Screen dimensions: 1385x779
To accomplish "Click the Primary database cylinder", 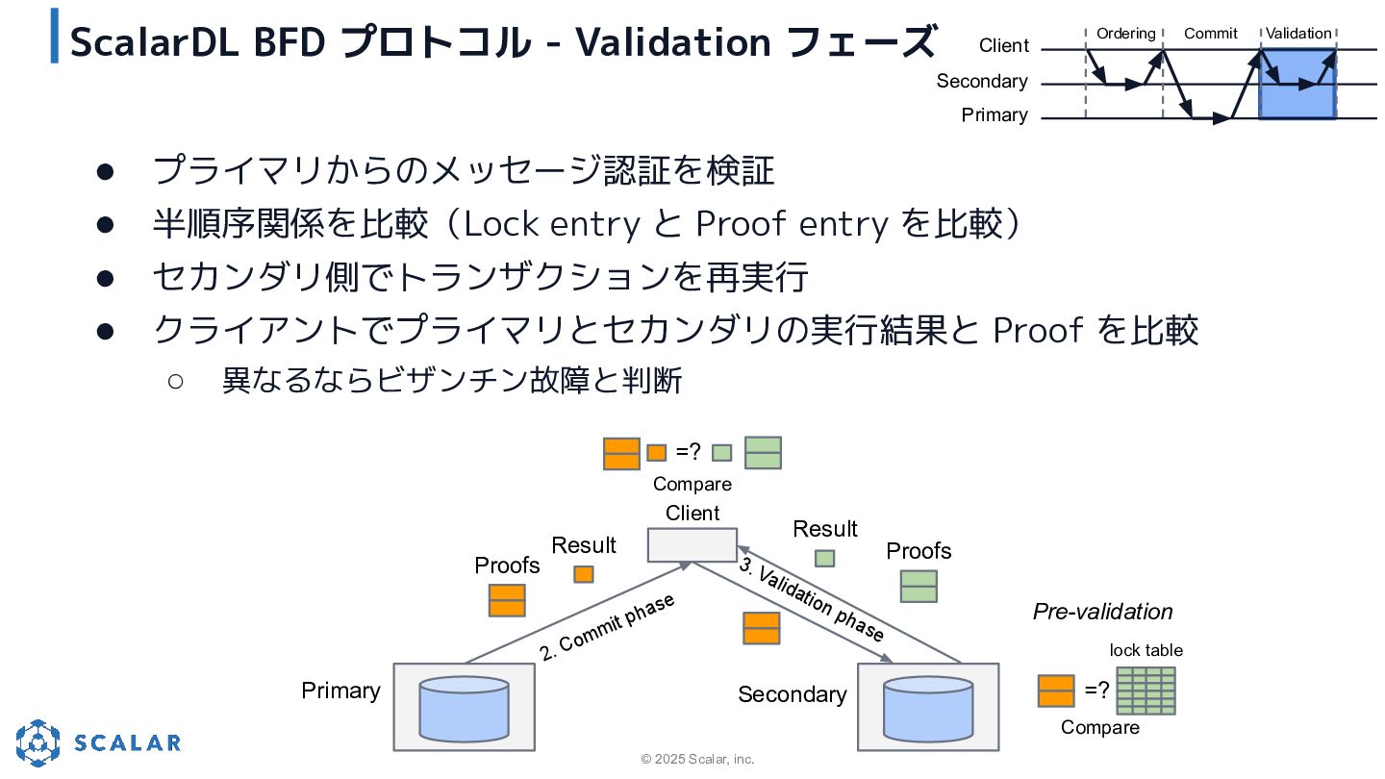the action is coord(464,709).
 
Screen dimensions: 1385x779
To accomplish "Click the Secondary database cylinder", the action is coord(927,709).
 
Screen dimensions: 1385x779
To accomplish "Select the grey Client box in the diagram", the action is coord(692,544).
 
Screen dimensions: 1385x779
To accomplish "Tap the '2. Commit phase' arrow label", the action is coord(607,627).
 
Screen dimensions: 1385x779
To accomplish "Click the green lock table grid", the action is coord(1146,691).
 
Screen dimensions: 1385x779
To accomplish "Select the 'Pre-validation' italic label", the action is coord(1102,612).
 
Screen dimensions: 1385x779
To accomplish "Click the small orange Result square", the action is coord(583,574).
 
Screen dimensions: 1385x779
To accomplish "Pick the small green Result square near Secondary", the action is coord(824,558).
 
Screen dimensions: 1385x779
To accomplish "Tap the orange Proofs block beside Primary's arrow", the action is coord(507,600).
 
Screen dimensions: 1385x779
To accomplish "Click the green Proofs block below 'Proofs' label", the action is coord(919,586).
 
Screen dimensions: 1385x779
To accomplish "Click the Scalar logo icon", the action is coord(38,742).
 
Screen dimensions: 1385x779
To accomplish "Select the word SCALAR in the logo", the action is coord(127,742).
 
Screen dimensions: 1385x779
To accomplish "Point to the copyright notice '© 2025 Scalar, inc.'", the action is coord(697,759).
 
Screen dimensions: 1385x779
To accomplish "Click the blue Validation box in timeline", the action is coord(1297,85).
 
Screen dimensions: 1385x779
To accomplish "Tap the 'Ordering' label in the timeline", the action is coord(1126,34).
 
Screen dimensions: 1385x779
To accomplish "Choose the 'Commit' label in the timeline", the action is coord(1211,34).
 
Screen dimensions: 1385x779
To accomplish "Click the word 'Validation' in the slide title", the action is coord(673,42).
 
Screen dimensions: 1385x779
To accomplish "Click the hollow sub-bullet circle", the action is coord(176,381).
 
